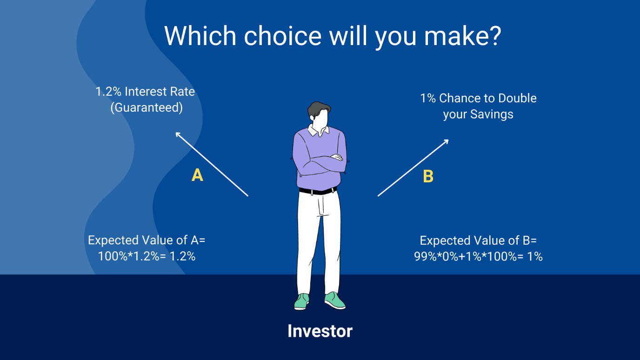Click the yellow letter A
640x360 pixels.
[197, 175]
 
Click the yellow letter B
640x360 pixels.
[428, 176]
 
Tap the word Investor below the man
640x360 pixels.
[320, 331]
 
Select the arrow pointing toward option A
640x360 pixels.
[212, 164]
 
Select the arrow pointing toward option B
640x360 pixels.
[413, 168]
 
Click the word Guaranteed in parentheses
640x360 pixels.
[147, 108]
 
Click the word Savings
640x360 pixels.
[492, 114]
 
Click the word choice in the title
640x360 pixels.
[283, 36]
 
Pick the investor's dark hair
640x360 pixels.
[318, 109]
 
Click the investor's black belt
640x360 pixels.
[318, 191]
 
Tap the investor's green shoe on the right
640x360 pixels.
[335, 300]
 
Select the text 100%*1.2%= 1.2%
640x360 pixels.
[147, 256]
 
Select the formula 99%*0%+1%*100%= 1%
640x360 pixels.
[478, 257]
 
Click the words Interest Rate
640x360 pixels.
[160, 92]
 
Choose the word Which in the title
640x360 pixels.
[200, 36]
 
